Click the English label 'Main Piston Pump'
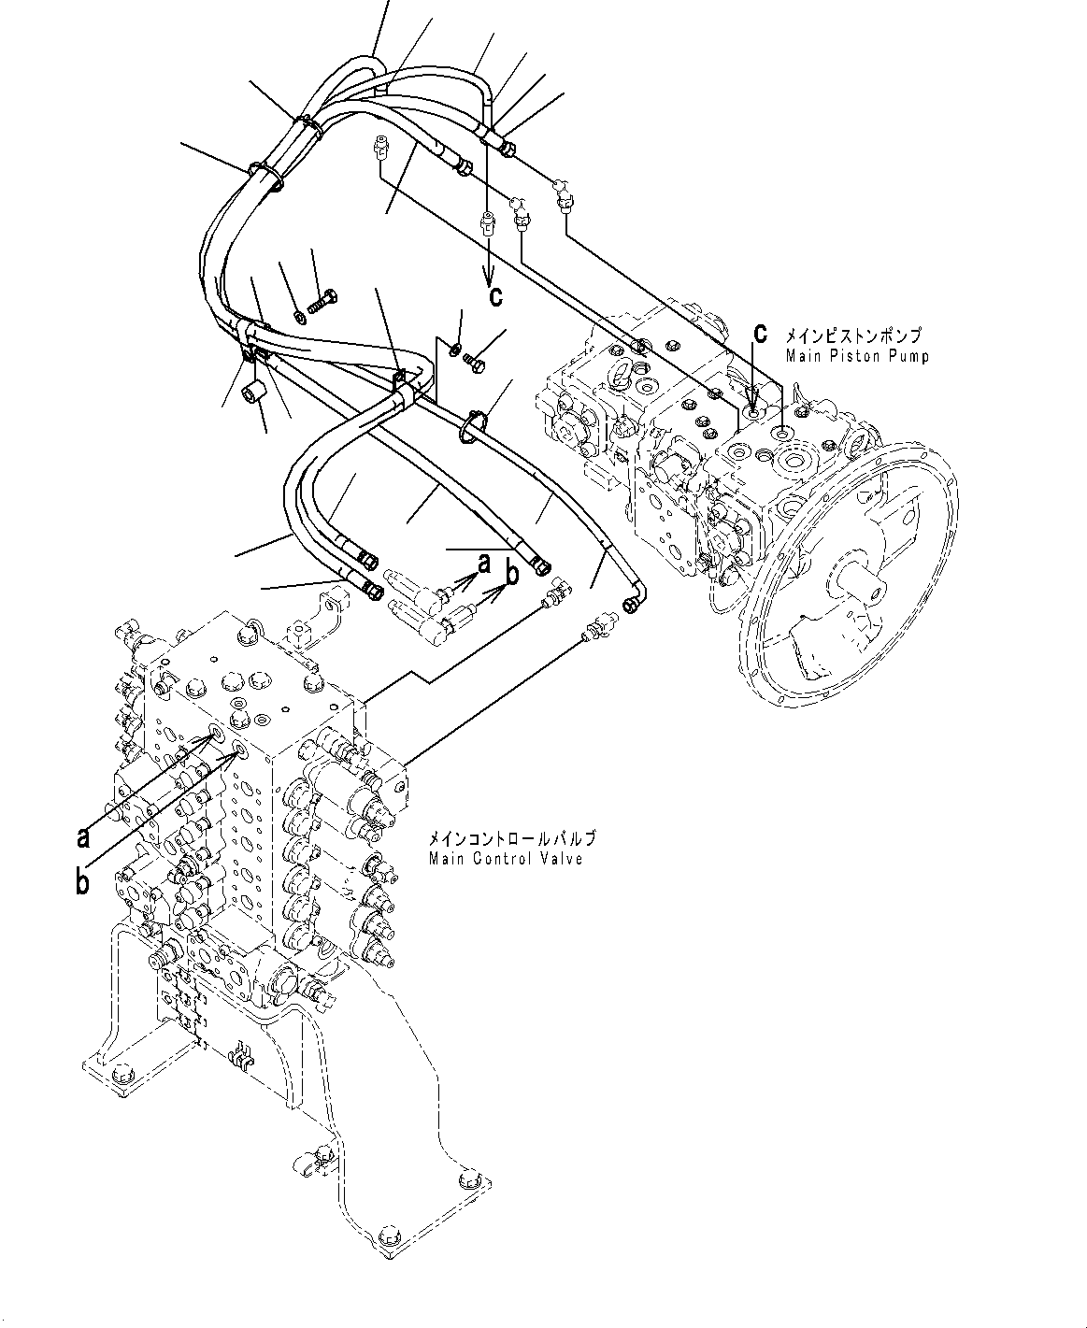click(x=857, y=356)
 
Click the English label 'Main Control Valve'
click(x=506, y=858)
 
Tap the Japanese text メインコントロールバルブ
click(x=511, y=839)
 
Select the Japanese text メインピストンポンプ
click(x=852, y=335)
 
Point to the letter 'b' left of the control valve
click(x=82, y=881)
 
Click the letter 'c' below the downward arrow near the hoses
click(x=495, y=296)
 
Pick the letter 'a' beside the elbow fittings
click(x=483, y=563)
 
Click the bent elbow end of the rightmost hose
click(x=634, y=606)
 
